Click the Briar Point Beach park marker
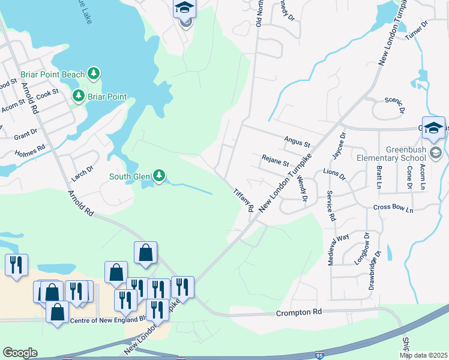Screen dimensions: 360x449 click(x=93, y=74)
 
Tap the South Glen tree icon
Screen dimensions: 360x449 click(x=158, y=176)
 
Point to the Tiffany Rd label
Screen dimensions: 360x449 click(x=244, y=200)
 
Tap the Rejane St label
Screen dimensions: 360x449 click(x=275, y=161)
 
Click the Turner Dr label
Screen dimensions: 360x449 click(x=415, y=31)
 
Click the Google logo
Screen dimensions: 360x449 click(x=20, y=353)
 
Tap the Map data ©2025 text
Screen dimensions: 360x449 click(x=423, y=355)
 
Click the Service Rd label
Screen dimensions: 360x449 click(x=330, y=206)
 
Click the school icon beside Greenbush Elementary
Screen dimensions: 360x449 click(x=433, y=128)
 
